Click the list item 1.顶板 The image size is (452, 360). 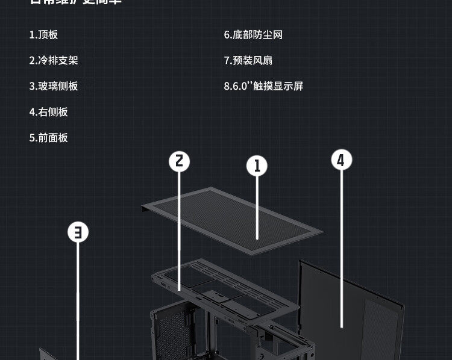point(44,35)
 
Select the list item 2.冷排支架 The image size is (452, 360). point(54,60)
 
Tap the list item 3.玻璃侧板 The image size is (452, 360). point(54,86)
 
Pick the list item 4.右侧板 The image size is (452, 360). point(49,112)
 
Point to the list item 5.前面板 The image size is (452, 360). point(49,138)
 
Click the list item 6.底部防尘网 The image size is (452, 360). point(253,35)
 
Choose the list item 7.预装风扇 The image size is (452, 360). point(248,60)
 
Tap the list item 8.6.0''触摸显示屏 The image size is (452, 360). point(263,86)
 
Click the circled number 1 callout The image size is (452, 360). point(257,166)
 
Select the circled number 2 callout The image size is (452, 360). point(179,161)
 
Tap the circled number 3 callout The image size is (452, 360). point(78,232)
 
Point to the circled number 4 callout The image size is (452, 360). point(341,160)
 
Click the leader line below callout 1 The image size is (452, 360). point(257,205)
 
